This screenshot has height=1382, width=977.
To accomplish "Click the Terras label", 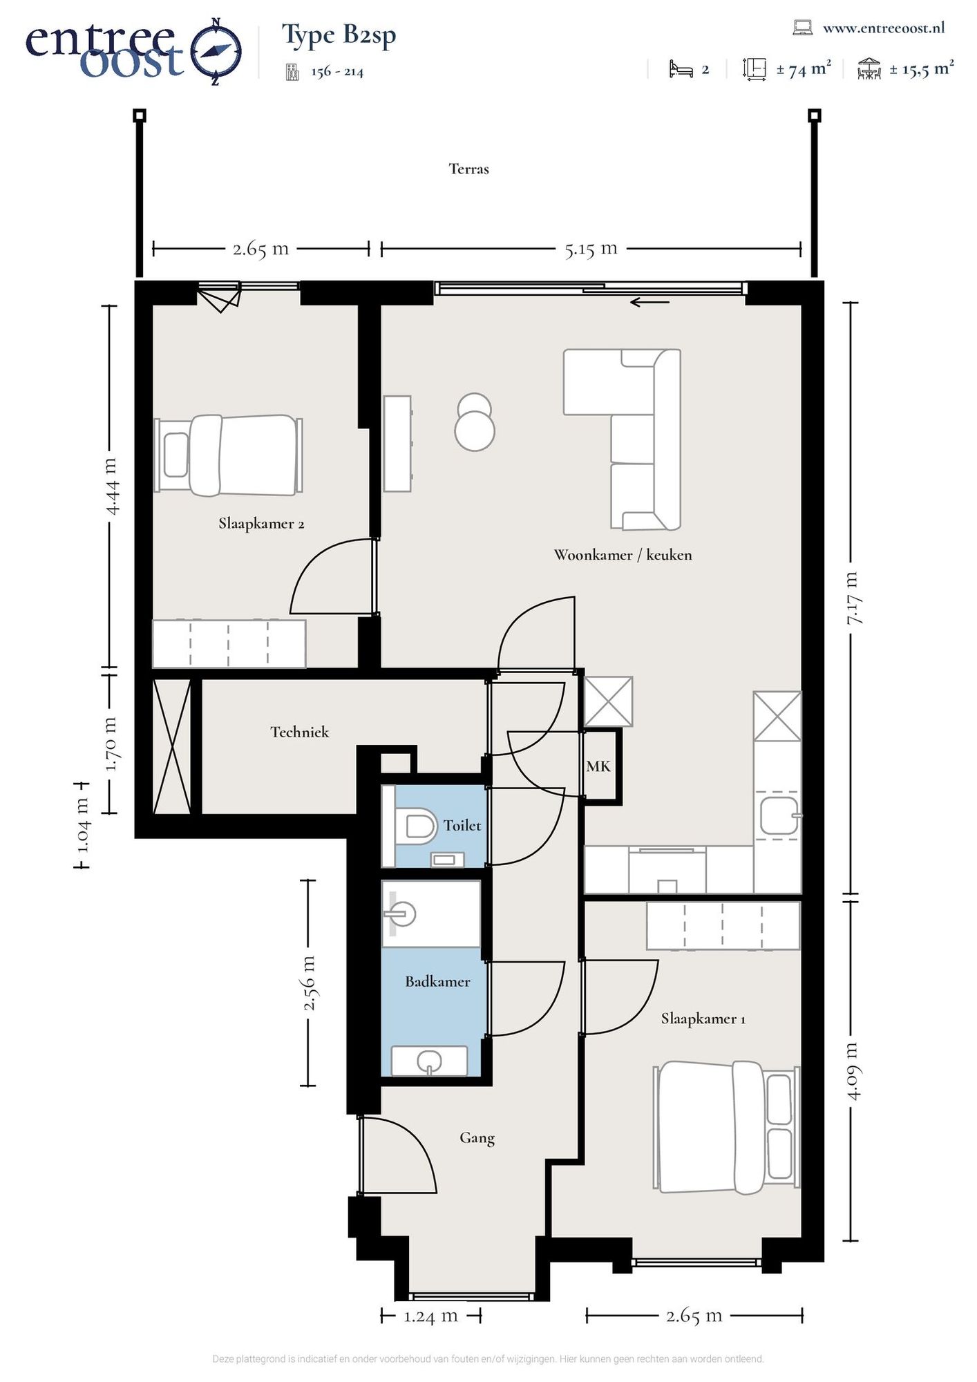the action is (x=468, y=169).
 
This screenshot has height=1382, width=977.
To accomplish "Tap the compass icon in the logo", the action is (x=216, y=52).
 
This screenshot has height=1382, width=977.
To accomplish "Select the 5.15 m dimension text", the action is (x=591, y=248).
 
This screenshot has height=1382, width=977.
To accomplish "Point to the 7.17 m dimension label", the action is (x=854, y=598).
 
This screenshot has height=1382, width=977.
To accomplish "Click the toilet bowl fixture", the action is (x=415, y=826).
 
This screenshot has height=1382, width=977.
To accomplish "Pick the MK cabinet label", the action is (x=598, y=766).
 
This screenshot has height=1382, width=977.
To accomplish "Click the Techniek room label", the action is (x=299, y=732).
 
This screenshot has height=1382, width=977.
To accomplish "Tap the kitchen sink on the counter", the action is (x=779, y=815).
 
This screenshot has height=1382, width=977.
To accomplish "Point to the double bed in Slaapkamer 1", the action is (x=726, y=1128).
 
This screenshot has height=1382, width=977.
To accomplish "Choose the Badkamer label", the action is (x=437, y=981).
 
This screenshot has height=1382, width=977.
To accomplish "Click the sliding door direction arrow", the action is (x=649, y=302).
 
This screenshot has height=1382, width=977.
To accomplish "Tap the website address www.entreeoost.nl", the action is (x=884, y=28).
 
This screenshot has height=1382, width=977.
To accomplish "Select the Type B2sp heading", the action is (x=339, y=35).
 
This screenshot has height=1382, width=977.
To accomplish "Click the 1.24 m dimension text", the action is (x=430, y=1316).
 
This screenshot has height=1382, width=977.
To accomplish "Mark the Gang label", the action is (x=477, y=1138).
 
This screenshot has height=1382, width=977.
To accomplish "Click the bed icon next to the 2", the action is (x=681, y=69).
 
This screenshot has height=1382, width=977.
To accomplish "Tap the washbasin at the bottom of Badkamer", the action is (x=429, y=1061).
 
